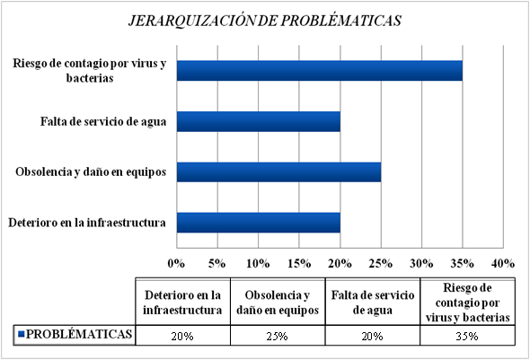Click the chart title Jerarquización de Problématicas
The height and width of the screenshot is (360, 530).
pos(265,21)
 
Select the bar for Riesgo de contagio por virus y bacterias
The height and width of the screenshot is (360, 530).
pos(320,71)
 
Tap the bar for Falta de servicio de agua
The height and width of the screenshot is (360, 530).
pos(259,121)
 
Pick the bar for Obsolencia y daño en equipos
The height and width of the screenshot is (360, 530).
pos(278,171)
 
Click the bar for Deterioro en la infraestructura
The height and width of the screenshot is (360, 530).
pos(259,223)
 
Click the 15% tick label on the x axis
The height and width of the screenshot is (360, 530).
pos(299,263)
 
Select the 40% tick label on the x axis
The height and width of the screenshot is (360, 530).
pos(503,263)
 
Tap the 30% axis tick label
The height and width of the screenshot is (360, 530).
pos(421,263)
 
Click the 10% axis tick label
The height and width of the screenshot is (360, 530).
pos(258,263)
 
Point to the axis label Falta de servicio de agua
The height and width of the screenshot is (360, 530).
pos(103,121)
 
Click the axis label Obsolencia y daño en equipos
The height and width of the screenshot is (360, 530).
pos(91,171)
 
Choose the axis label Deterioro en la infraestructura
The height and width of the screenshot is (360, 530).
pos(87,223)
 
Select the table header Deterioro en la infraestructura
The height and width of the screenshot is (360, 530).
pos(182,303)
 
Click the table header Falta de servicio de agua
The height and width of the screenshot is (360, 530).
pos(373,303)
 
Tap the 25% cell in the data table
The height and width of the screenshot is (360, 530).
pos(278,337)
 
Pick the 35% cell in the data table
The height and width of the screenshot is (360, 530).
pos(467,337)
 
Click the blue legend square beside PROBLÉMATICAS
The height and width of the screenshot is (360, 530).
pos(21,334)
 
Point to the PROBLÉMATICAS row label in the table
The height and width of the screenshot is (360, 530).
pos(79,334)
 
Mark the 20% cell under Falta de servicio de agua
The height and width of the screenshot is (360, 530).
pos(372,337)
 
